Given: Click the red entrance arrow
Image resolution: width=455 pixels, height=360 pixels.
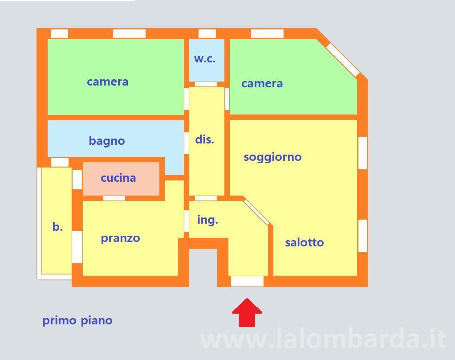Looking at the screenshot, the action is point(247,313).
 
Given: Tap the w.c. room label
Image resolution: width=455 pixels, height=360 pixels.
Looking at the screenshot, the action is point(205,59).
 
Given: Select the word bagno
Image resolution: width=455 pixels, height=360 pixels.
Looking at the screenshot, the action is point(107,141).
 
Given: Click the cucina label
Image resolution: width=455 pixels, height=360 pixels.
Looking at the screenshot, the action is point(118,178).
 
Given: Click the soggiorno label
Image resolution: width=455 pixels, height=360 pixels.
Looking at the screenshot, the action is point(272,157).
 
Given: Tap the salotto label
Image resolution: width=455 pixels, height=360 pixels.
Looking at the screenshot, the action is point(305,242).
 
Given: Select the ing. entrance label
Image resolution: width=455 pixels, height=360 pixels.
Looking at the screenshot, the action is point(207,220).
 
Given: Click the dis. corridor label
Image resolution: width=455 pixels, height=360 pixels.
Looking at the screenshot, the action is point(205,139).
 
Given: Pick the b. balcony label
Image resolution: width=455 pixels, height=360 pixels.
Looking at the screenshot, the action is point(57,226).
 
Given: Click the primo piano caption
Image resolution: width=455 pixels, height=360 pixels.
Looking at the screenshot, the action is point(77,321).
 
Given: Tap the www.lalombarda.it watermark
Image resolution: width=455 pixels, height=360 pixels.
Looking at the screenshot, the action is point(323,338).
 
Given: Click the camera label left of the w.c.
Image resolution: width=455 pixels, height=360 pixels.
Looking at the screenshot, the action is point(108,82).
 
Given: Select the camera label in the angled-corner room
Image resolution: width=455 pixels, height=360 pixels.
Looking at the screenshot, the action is point(262,84).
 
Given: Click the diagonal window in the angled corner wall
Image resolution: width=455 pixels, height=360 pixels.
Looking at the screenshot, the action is point(343,60).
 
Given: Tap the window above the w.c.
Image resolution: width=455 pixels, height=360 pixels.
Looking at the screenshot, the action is point(207,34).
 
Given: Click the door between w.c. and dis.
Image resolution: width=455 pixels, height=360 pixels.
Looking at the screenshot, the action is point(206,84).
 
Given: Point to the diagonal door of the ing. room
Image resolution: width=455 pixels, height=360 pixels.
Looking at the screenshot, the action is point(256,212).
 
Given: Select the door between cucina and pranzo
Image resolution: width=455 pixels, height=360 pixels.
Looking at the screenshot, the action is point(114,198).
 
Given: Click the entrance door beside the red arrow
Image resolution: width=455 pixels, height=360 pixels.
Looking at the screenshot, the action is point(247,281).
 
